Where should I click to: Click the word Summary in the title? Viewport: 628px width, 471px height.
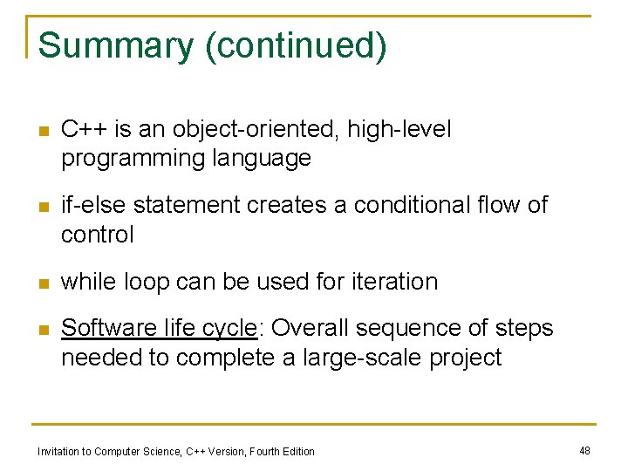117,45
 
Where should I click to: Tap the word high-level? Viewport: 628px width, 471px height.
399,130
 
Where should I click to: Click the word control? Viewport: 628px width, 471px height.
97,234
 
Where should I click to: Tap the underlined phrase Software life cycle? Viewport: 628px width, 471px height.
159,328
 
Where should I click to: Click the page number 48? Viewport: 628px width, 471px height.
584,450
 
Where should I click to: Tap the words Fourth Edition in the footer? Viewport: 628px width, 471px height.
282,451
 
